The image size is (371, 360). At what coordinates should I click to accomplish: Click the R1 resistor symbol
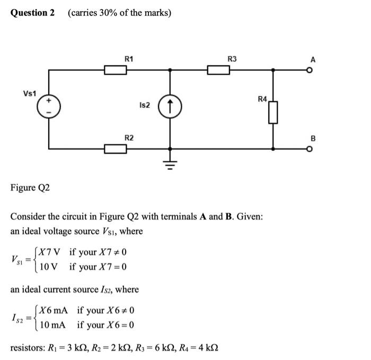coord(115,69)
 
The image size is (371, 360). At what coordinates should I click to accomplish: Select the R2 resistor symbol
coord(115,149)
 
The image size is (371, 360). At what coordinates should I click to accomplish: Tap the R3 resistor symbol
coord(218,69)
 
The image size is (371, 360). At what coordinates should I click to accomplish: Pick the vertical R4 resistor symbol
coord(273,112)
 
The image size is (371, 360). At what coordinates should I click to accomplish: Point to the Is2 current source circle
coord(170,106)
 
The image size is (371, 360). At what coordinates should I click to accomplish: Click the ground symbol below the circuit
coord(170,162)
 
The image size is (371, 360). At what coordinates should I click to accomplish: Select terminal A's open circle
coord(312,69)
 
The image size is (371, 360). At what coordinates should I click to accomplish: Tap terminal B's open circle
coord(312,149)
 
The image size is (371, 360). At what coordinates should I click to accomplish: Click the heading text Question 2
coord(32,12)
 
